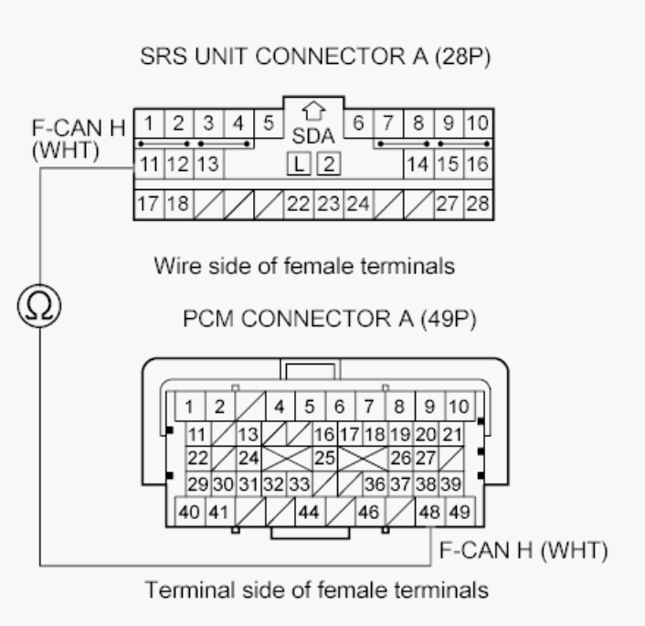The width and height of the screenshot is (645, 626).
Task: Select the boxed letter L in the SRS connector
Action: point(295,165)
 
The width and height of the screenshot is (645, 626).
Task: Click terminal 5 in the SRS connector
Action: point(269,122)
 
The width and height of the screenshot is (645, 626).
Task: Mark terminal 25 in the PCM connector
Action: point(322,455)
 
